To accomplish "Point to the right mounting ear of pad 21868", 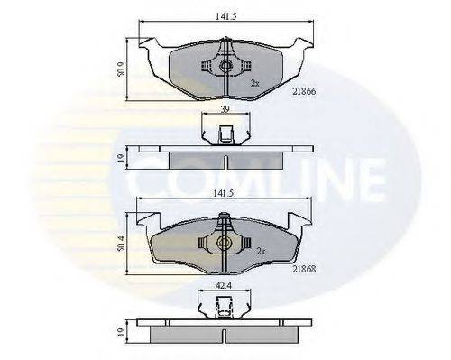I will pos(296,218).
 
